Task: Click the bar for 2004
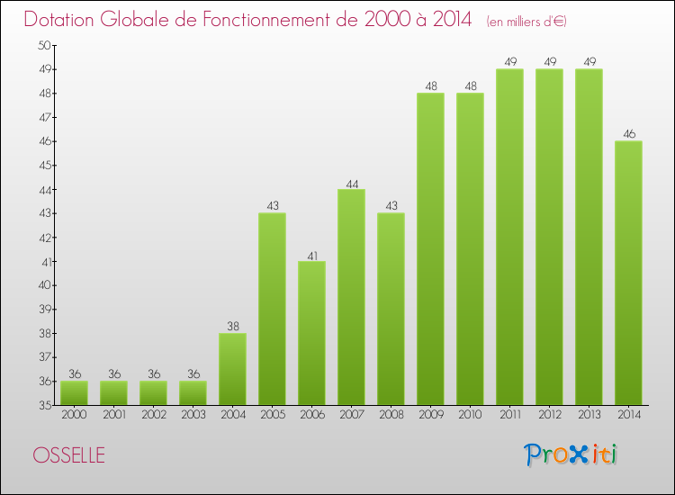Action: point(232,369)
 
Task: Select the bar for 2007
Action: point(351,297)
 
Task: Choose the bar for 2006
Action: point(311,333)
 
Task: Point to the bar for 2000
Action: point(74,392)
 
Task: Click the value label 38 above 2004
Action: point(232,326)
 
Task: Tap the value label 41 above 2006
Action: point(311,255)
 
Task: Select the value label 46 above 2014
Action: point(628,134)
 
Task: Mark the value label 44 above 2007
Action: point(351,183)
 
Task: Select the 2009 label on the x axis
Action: point(430,415)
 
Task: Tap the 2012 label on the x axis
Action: point(549,415)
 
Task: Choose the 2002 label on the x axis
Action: point(153,415)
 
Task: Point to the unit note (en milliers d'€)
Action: point(526,22)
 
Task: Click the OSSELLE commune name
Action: point(68,455)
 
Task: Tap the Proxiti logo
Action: point(570,454)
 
